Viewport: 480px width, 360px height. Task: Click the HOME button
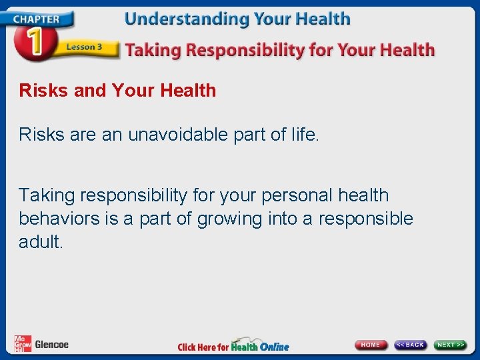coord(371,345)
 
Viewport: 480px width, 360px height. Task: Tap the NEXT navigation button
coord(451,345)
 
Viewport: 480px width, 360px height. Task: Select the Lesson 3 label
coord(85,47)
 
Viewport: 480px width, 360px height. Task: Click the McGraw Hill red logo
coord(23,344)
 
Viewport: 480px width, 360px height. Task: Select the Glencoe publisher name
coord(51,345)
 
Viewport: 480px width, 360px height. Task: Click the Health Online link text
coord(260,346)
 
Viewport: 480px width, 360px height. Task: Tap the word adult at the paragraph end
coord(39,242)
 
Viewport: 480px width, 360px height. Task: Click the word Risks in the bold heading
coord(44,91)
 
